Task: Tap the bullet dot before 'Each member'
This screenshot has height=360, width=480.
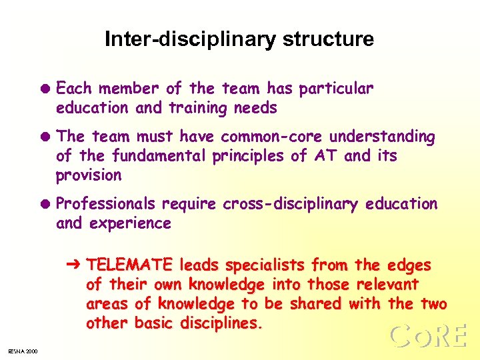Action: pos(46,89)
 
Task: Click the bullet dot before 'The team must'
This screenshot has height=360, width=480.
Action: pos(46,137)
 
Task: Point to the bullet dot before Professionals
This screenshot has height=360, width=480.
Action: pos(46,204)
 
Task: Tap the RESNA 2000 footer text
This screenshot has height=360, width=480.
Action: pos(23,351)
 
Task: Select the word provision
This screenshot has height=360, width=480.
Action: pos(89,175)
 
